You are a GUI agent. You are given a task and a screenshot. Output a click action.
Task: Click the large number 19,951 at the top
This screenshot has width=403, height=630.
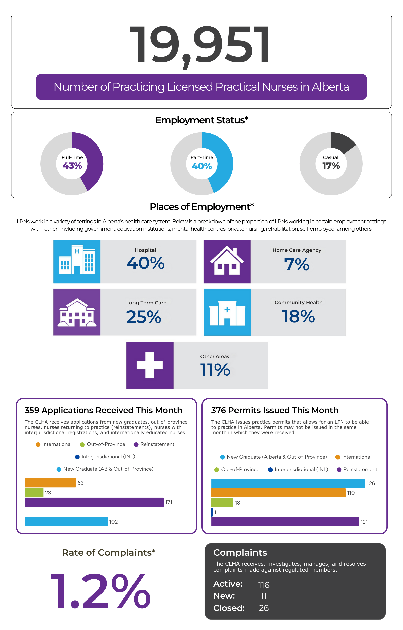pos(200,45)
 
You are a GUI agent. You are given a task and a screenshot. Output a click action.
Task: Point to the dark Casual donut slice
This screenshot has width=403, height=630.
pos(342,142)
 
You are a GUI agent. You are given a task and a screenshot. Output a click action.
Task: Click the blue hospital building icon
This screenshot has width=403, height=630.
pos(77,262)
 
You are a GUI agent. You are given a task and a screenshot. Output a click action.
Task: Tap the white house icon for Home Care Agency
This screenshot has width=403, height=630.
pos(227,262)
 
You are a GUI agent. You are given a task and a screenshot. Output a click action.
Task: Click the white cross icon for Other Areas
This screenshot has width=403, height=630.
pos(150,365)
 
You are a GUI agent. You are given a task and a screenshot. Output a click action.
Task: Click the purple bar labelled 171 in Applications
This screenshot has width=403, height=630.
pos(94,502)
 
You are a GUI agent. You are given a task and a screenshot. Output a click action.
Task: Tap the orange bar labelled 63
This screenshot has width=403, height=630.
pos(50,483)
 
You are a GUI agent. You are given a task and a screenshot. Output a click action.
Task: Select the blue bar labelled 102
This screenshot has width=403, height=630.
pos(66,522)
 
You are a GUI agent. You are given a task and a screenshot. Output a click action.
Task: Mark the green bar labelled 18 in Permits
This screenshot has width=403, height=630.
pos(222,502)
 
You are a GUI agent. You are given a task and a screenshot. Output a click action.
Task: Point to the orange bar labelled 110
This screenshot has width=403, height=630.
pos(278,493)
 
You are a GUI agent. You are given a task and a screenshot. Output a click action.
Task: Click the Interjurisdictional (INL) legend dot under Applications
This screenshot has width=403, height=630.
pos(77,457)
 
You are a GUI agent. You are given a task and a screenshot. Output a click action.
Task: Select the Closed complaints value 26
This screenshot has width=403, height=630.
pos(264,608)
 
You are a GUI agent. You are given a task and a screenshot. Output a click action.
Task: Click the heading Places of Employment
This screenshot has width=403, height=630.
pos(201,207)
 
